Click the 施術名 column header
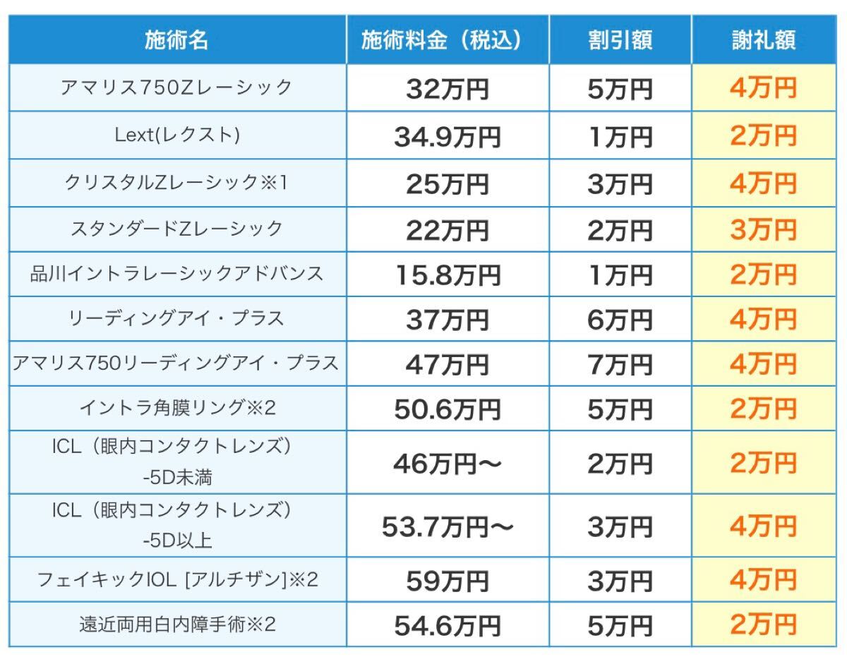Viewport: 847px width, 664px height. [176, 40]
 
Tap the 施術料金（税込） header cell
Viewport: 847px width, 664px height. [447, 40]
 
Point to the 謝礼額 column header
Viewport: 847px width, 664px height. [764, 40]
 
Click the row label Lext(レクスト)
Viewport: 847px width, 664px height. [176, 135]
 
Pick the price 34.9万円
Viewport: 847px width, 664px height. [447, 136]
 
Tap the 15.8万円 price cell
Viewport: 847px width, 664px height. [447, 274]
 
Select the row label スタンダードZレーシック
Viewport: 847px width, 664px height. [176, 229]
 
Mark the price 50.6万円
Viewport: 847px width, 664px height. [447, 410]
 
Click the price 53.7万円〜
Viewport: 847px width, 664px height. [447, 527]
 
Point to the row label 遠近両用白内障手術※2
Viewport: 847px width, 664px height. [176, 624]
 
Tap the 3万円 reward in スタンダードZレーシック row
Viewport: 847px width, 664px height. [764, 229]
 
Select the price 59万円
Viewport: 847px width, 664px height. [447, 581]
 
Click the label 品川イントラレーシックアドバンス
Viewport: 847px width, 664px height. [176, 274]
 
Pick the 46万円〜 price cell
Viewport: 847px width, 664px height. [447, 464]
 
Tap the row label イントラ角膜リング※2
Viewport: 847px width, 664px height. [176, 409]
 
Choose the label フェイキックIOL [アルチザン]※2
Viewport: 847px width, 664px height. [176, 580]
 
